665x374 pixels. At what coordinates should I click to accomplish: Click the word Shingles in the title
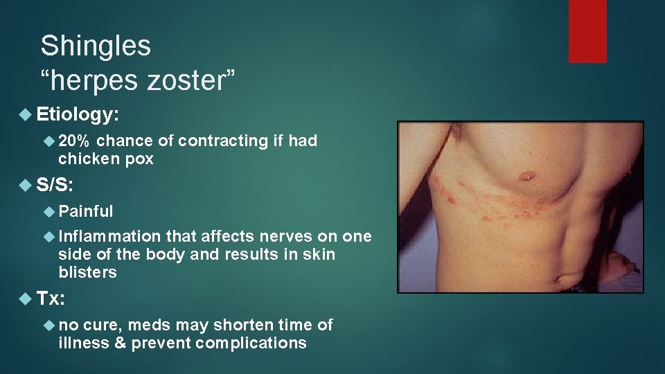tap(96, 46)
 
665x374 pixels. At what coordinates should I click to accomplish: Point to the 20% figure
tap(73, 141)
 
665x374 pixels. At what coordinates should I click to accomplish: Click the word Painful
tap(86, 211)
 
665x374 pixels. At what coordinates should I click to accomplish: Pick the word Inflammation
tap(109, 237)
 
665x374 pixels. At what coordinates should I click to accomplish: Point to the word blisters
tap(88, 272)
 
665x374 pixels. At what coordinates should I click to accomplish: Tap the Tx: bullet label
tap(51, 299)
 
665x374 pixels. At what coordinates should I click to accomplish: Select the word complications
tap(251, 343)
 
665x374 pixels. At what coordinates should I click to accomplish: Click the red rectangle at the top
tap(587, 31)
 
